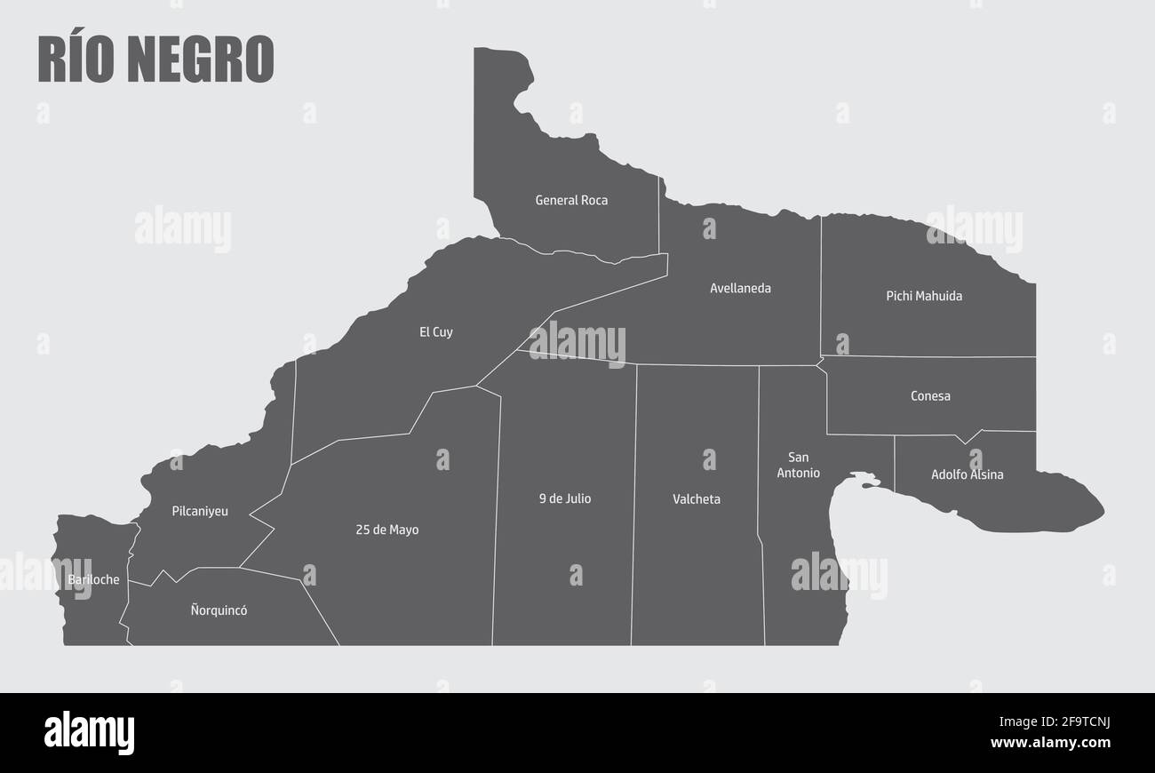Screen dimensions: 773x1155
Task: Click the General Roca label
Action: [x=571, y=201]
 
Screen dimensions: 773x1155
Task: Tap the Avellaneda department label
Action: [x=740, y=289]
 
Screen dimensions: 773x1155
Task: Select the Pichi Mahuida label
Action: [x=924, y=296]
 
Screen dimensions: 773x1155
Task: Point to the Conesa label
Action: [x=930, y=396]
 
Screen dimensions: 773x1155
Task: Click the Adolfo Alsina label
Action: [x=967, y=474]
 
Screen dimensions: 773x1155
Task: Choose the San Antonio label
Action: [x=798, y=466]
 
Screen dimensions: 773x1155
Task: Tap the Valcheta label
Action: [x=697, y=499]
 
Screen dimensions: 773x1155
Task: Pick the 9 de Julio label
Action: [x=564, y=498]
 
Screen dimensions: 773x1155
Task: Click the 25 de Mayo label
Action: [x=386, y=530]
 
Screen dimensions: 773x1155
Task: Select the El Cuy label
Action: [x=436, y=332]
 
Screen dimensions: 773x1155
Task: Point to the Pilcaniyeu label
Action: [x=200, y=512]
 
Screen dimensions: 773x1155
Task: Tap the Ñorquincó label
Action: [x=219, y=611]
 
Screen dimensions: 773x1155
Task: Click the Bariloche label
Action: [x=93, y=580]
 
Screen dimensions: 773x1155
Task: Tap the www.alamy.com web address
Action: [x=1050, y=743]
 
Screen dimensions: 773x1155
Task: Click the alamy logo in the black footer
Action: [x=89, y=733]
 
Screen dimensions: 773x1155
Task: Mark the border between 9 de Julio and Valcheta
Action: [x=634, y=498]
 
